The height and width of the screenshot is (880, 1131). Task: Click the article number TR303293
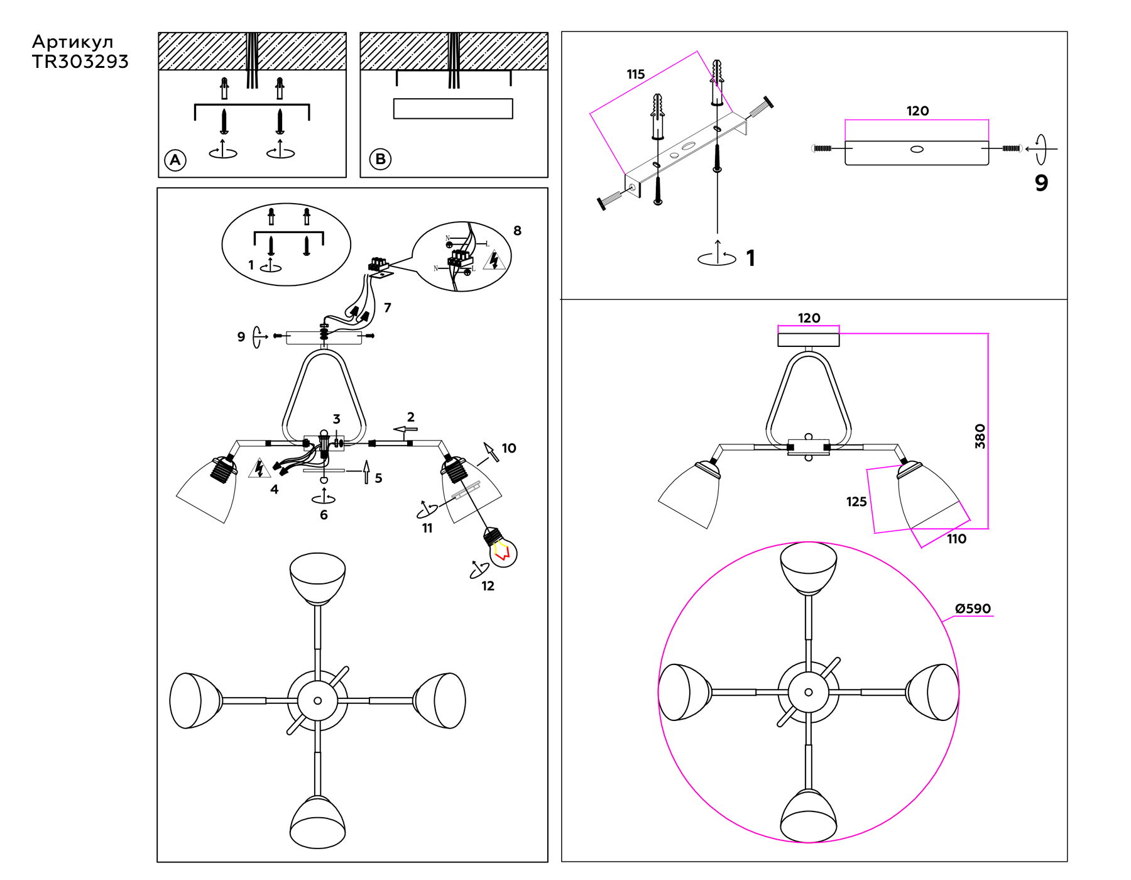pos(80,62)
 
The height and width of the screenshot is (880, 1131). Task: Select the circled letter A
pos(175,160)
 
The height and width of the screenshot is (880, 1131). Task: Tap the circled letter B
pos(380,159)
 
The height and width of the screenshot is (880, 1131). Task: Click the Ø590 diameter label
pos(973,608)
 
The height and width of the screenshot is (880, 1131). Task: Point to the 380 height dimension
pos(980,436)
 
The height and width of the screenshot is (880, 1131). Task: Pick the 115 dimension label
pos(635,74)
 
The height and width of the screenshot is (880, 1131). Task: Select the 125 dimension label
pos(856,502)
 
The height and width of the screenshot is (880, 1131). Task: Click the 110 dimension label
pos(956,539)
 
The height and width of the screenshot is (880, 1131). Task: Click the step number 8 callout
pos(517,231)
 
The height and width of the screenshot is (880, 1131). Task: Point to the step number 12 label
pos(488,586)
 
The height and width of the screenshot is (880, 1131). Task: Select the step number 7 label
pos(388,307)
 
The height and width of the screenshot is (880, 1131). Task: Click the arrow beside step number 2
pos(405,430)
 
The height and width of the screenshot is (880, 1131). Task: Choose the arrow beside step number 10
pos(491,451)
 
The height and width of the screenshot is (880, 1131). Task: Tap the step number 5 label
pos(378,478)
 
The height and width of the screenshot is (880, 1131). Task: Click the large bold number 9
pos(1041,183)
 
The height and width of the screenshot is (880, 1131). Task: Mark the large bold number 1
pos(750,258)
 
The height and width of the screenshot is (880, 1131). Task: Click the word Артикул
pos(73,42)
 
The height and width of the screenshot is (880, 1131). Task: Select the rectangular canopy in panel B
pos(453,109)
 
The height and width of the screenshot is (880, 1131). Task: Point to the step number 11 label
pos(427,528)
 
